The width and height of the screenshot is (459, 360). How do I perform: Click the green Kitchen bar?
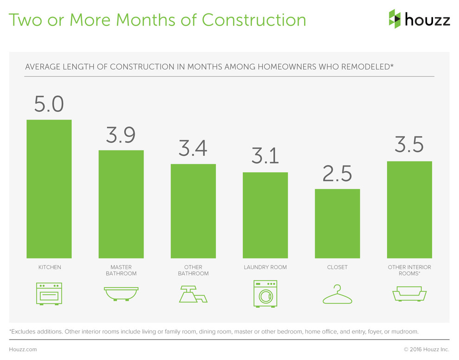point(49,189)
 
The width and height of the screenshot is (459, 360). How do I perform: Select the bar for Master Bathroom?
point(121,204)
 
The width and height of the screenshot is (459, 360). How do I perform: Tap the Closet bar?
point(337,223)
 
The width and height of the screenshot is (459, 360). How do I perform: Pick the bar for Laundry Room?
point(265,215)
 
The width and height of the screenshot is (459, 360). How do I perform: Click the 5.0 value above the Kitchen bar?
point(49,103)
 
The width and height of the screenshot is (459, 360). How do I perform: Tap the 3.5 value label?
point(409,145)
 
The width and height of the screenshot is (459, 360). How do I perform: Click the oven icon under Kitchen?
point(49,294)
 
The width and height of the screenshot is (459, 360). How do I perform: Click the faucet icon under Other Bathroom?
point(193,294)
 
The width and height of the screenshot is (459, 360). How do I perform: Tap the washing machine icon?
point(265,293)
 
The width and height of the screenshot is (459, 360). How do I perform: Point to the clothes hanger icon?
point(337,295)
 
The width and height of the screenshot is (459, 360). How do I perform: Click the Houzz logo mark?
point(395,19)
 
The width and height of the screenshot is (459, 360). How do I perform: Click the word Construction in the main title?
point(254,20)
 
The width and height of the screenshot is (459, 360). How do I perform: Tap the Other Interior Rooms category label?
point(409,270)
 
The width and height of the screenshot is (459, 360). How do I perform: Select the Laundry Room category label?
point(265,267)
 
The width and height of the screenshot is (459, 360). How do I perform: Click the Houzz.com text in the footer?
point(23,349)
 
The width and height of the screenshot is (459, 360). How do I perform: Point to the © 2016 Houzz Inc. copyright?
point(427,349)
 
